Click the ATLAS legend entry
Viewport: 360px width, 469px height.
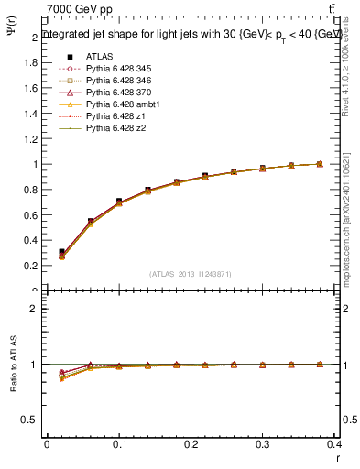pyautogui.click(x=98, y=57)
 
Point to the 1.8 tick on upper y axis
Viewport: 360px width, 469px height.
pyautogui.click(x=32, y=63)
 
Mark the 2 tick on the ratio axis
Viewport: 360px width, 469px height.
pyautogui.click(x=36, y=309)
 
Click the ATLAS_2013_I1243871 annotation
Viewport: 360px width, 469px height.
pyautogui.click(x=190, y=273)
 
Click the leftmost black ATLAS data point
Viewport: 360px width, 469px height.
pyautogui.click(x=61, y=251)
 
